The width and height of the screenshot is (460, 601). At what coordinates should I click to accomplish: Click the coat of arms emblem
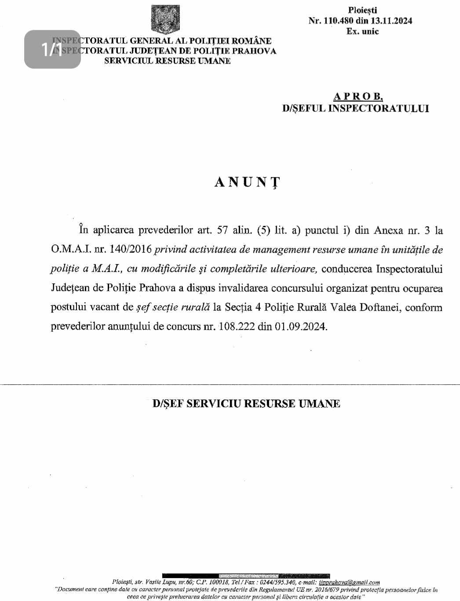click(165, 20)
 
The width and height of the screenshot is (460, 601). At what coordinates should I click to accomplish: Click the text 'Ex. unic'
click(362, 32)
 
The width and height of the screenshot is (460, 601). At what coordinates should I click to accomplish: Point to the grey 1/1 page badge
click(52, 49)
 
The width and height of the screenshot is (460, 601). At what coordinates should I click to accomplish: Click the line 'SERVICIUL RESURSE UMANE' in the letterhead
click(167, 61)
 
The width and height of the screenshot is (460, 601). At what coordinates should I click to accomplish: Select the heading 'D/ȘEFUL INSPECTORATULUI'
click(355, 108)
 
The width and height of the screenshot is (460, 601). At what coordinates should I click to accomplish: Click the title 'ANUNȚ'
click(247, 182)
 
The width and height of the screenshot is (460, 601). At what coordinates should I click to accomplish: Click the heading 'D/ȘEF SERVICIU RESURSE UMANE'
click(246, 404)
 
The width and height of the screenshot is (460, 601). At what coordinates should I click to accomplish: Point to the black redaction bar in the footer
click(246, 576)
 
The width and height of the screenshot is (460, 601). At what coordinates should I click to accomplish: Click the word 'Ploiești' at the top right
click(362, 10)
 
